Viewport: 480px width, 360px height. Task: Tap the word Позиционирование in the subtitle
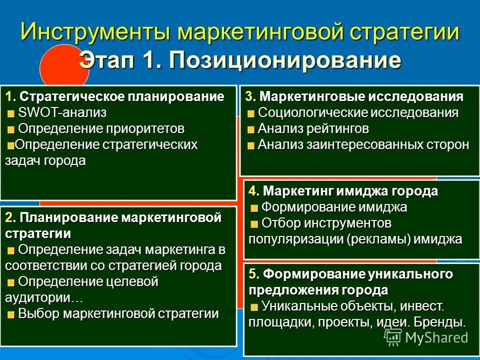click(x=285, y=60)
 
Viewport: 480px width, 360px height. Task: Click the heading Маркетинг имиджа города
click(x=350, y=191)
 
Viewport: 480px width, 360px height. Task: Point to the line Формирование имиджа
click(x=334, y=207)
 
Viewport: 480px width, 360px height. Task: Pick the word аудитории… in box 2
click(x=44, y=297)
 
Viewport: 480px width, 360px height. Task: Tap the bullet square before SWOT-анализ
click(x=11, y=113)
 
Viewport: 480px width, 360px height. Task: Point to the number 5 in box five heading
click(x=253, y=273)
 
